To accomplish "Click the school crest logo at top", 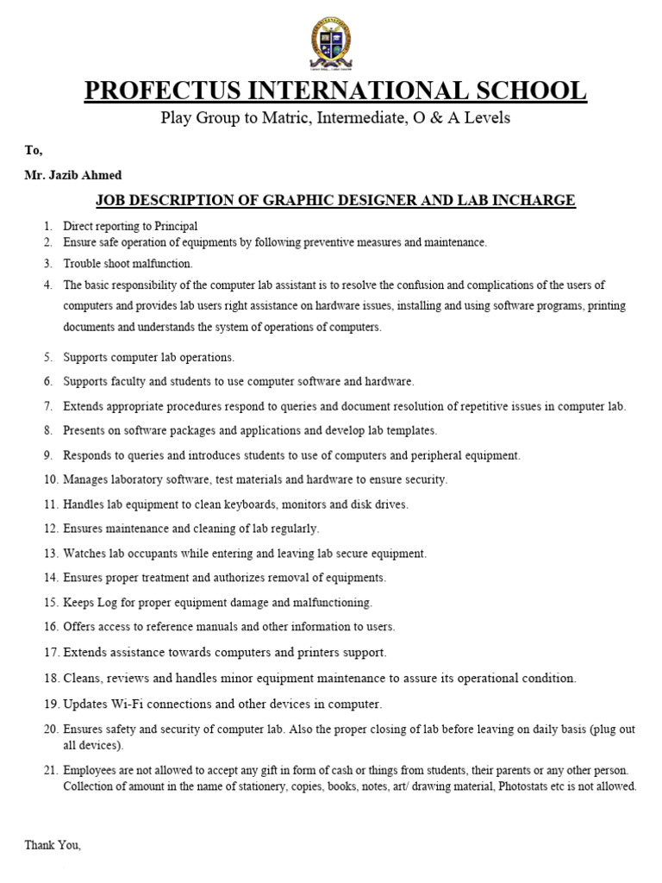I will [330, 44].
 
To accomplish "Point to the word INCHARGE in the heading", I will [533, 201].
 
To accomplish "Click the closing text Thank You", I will [53, 846].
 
